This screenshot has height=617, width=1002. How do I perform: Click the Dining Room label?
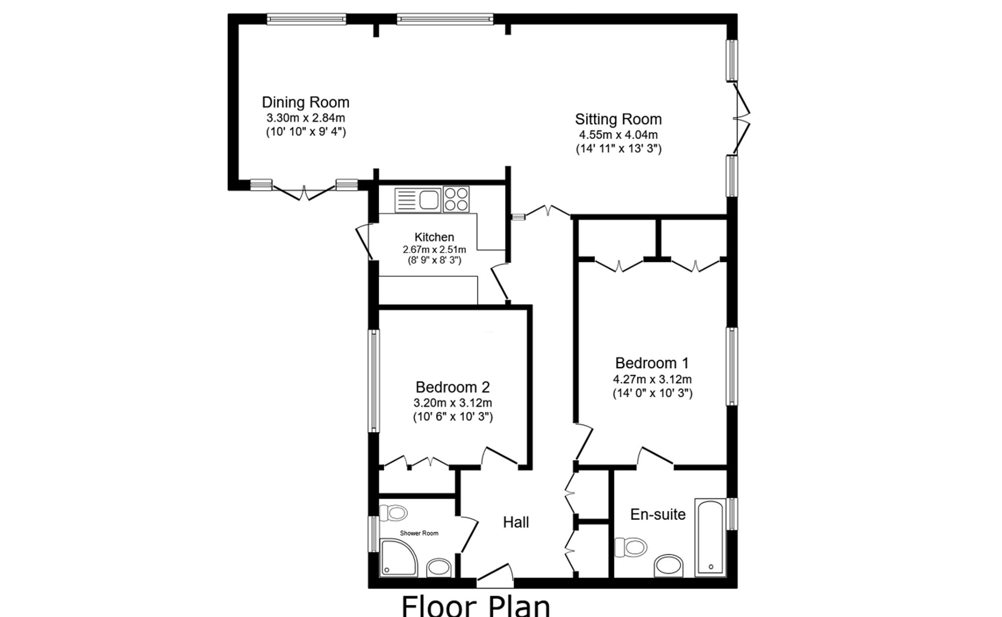click(x=305, y=102)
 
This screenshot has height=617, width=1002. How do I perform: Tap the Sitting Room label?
click(x=618, y=119)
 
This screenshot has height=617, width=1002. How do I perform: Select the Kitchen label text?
click(x=434, y=237)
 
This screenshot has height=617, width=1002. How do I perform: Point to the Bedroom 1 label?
click(x=652, y=363)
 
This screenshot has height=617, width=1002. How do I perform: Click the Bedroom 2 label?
click(x=452, y=387)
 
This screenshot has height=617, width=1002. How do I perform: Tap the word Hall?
click(x=516, y=522)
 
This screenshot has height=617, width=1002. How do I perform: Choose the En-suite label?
click(x=658, y=514)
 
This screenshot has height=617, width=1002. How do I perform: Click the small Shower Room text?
click(x=419, y=533)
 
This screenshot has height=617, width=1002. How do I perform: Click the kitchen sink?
click(x=417, y=200)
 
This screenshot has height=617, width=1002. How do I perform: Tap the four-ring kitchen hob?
click(x=456, y=199)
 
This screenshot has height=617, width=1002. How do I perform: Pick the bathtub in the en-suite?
click(x=710, y=537)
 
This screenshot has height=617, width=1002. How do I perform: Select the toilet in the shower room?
click(x=393, y=513)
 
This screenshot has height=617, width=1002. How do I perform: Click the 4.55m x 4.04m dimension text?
click(x=618, y=135)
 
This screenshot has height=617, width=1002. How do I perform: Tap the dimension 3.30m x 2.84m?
click(x=306, y=118)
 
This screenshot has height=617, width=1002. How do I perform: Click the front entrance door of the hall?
click(x=495, y=576)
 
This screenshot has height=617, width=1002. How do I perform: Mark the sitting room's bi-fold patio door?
click(x=741, y=119)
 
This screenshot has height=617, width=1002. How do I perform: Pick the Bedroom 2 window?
click(x=374, y=380)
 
